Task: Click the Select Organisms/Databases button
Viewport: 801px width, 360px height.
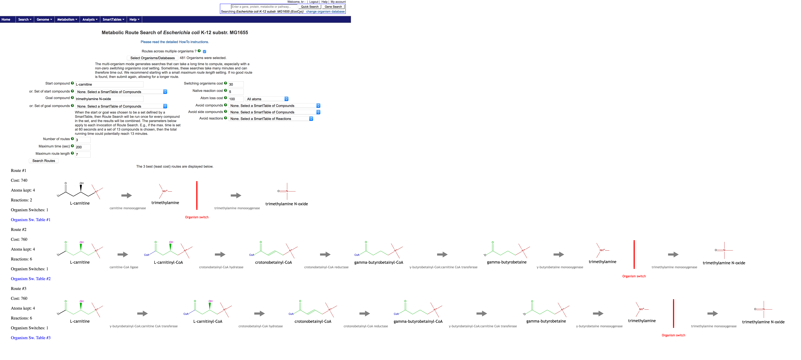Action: point(152,58)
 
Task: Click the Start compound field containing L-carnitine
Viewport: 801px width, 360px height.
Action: point(109,84)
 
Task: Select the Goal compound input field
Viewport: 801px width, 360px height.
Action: point(109,99)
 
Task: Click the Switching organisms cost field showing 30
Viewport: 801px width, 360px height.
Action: point(236,84)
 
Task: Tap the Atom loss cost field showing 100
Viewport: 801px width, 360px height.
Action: point(236,99)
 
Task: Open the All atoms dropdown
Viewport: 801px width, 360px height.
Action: point(267,99)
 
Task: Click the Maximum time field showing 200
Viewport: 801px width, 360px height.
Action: point(83,147)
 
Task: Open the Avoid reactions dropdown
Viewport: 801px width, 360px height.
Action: point(271,119)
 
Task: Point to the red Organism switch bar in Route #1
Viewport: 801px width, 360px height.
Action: point(197,196)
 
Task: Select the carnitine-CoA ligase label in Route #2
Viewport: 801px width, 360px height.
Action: point(124,267)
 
